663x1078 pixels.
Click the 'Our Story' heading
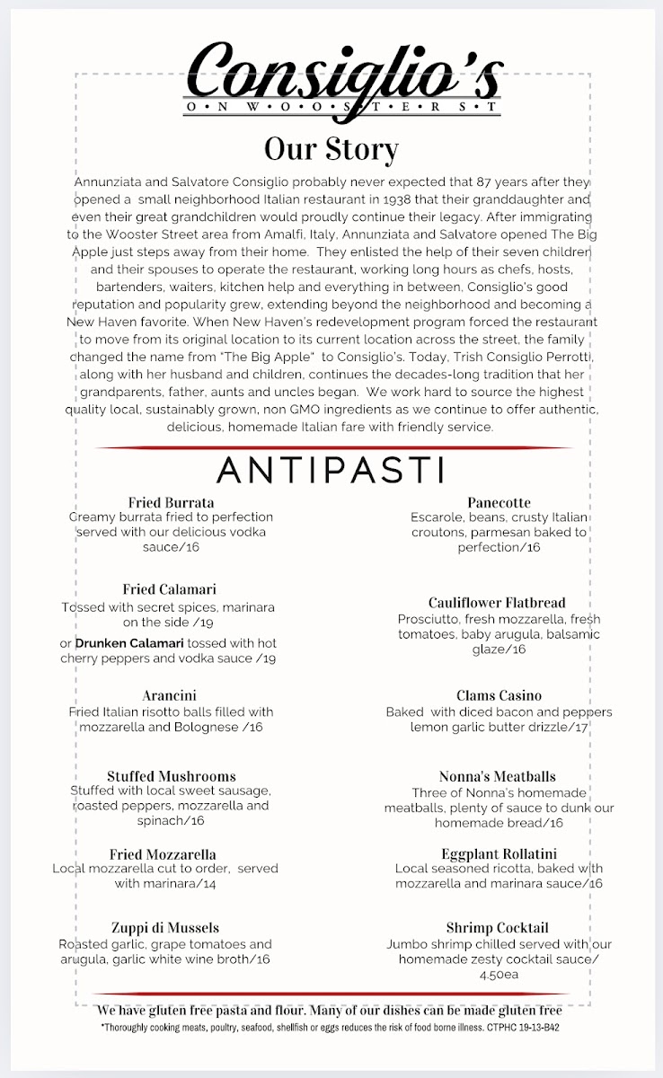tap(331, 148)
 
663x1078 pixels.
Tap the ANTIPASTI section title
tap(331, 470)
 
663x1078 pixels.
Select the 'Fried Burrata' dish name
tap(171, 502)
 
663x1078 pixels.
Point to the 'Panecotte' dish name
tap(499, 502)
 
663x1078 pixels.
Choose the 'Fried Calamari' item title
tap(169, 589)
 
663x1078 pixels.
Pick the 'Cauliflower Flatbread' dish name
tap(497, 603)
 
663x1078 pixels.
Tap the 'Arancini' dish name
tap(169, 695)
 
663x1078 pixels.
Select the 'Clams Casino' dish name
tap(499, 695)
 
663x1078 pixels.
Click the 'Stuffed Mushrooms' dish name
tap(171, 776)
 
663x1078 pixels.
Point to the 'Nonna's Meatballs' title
tap(497, 776)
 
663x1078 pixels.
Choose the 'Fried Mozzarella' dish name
tap(163, 854)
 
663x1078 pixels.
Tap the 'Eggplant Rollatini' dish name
tap(499, 854)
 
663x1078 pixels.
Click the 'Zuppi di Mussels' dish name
tap(165, 928)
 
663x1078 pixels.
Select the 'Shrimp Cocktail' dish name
tap(497, 928)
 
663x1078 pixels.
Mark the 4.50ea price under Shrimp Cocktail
tap(499, 975)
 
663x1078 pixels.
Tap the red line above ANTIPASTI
tap(332, 447)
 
